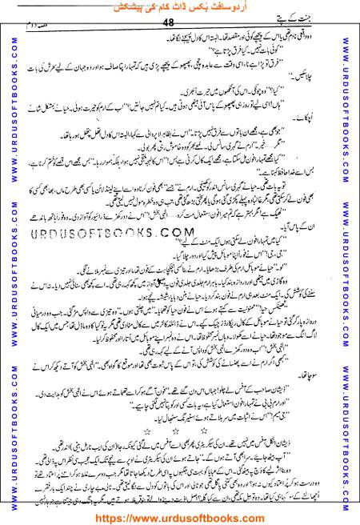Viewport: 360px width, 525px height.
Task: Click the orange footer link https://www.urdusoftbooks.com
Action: click(x=180, y=516)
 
